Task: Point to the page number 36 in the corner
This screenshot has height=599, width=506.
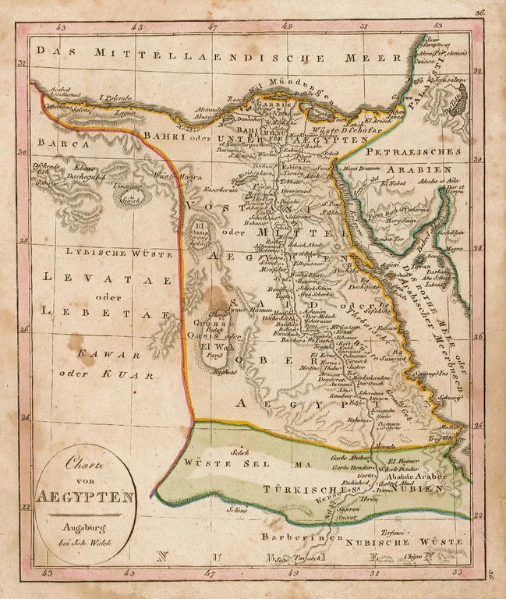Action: point(479,13)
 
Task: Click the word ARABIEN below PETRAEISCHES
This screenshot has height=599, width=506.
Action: point(427,169)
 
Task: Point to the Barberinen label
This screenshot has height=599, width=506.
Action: point(312,538)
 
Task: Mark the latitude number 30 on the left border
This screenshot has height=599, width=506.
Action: point(23,154)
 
